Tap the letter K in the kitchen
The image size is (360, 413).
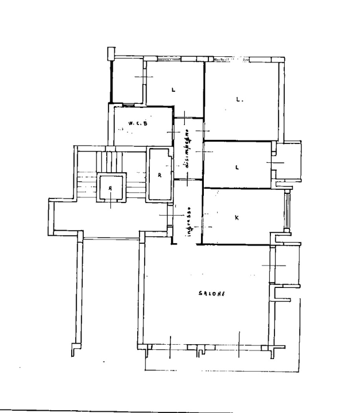238,218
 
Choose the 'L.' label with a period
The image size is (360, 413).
239,99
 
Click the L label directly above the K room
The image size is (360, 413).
237,167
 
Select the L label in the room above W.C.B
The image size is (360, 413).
173,89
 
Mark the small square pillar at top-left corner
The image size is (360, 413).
111,53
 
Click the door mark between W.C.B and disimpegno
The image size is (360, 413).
173,133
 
